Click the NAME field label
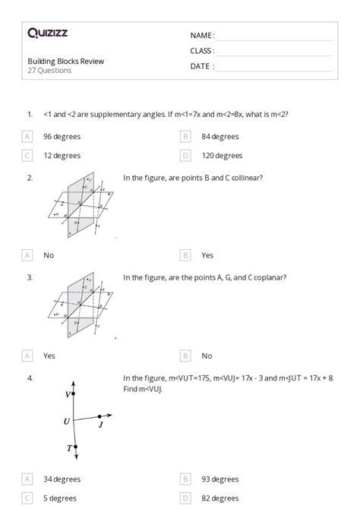pos(202,36)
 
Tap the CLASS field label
pos(202,51)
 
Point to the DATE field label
pos(202,66)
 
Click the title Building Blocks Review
pos(66,61)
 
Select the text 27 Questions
pos(50,71)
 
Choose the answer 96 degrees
pos(62,137)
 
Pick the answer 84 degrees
pos(220,137)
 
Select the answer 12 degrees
pos(62,156)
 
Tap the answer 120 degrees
pos(223,156)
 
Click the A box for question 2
pos(27,255)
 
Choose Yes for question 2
pos(207,255)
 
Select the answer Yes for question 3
pos(49,356)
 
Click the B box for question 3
pos(185,356)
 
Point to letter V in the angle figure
pos(68,395)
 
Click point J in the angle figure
pos(101,425)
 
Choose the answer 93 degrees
pos(220,479)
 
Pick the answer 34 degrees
pos(62,479)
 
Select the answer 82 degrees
pos(220,498)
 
